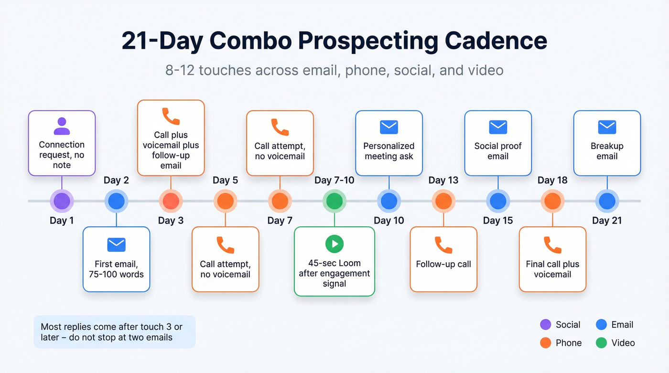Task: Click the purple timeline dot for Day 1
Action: pos(62,201)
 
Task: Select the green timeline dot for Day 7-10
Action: pos(334,201)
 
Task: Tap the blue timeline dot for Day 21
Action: pos(607,201)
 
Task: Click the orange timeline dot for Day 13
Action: pos(443,201)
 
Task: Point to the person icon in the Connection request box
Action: pos(62,126)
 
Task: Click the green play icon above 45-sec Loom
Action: pos(334,244)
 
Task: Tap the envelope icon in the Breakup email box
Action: pos(607,127)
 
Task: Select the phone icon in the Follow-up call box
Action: pos(443,245)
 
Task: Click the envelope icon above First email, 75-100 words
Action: pos(116,245)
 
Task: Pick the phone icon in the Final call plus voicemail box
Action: pos(552,245)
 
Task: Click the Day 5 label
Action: pos(225,180)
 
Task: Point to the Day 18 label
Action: pos(552,180)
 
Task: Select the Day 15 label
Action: pos(498,220)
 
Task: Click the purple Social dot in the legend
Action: pos(545,325)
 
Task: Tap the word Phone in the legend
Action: pos(569,342)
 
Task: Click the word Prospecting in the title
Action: pos(367,41)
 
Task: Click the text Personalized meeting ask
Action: pos(389,151)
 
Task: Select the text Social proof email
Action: pos(498,151)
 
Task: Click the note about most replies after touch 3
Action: pos(114,332)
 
